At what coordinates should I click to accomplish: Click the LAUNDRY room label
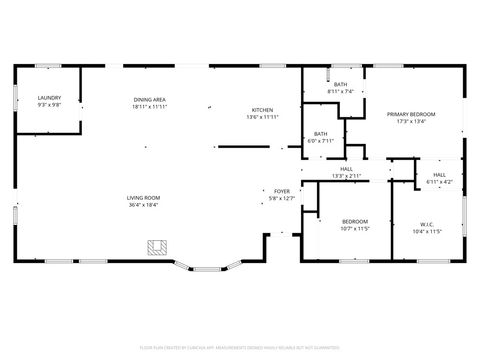tap(49, 98)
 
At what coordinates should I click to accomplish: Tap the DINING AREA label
tap(149, 98)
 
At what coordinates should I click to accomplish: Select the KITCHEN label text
tap(262, 109)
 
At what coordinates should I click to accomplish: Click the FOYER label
tap(282, 190)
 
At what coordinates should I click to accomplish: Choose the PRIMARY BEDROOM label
tap(411, 114)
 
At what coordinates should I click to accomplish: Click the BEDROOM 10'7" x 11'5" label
tap(355, 221)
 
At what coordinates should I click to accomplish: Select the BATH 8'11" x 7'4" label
tap(340, 84)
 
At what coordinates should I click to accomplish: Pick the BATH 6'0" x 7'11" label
tap(320, 133)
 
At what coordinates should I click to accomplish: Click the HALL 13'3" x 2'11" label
tap(346, 169)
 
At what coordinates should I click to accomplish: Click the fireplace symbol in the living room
tap(155, 246)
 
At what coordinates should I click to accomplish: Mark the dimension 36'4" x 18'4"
tap(144, 205)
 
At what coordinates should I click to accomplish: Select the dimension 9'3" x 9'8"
tap(49, 104)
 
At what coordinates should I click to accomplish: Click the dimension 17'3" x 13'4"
tap(411, 122)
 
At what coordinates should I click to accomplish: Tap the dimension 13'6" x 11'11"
tap(262, 117)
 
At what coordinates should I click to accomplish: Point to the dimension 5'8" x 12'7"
tap(282, 198)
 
